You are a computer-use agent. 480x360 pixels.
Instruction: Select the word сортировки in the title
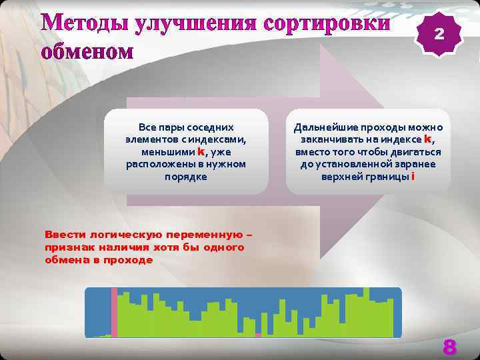click(x=327, y=23)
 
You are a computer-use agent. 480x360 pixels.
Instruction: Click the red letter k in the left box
click(x=201, y=151)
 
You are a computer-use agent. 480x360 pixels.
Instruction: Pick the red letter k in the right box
click(x=428, y=139)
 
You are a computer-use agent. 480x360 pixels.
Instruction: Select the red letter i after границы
click(x=413, y=177)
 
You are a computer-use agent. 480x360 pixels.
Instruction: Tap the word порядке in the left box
click(x=186, y=177)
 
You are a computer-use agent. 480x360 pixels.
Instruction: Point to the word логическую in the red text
click(x=131, y=235)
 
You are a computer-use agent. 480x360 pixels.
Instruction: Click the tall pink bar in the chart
click(x=114, y=312)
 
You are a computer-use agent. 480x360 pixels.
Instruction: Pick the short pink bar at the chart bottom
click(x=258, y=335)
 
